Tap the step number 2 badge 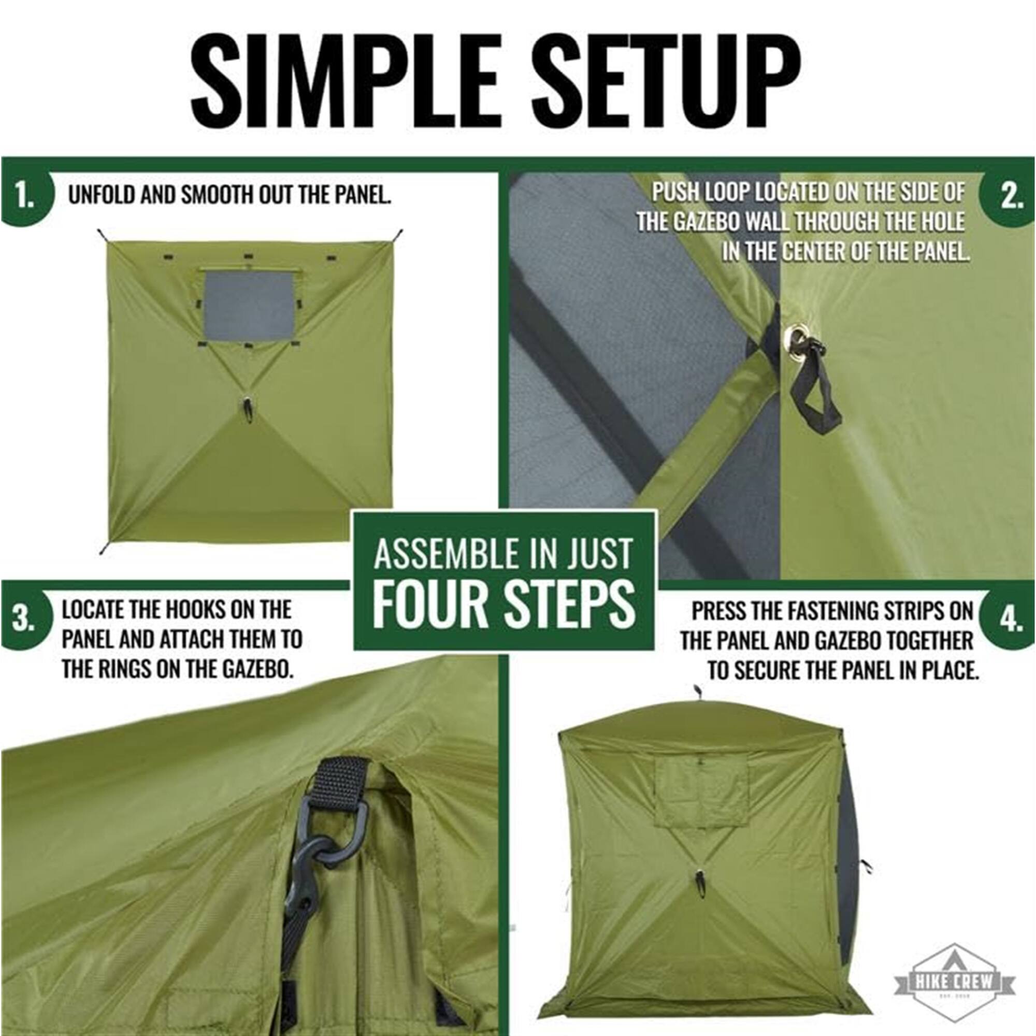pos(1010,197)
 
